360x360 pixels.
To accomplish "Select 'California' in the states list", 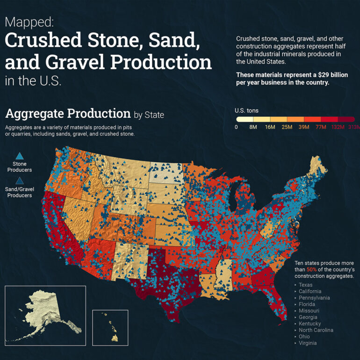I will tap(311, 291).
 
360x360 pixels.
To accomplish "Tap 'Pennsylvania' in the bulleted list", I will tap(315, 298).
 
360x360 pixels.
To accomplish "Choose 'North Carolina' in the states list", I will tap(317, 330).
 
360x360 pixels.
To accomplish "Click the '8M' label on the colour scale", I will tap(254, 127).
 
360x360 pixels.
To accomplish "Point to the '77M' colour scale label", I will tap(322, 127).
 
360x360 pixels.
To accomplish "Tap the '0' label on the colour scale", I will tap(237, 127).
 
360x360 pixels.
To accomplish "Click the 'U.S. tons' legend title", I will tap(246, 111).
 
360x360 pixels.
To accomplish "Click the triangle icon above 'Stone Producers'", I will tap(19, 156).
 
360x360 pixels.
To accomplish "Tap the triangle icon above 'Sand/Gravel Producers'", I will tap(19, 181).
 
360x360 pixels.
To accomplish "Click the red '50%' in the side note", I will tap(311, 270).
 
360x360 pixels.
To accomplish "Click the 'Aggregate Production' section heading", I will tap(67, 114).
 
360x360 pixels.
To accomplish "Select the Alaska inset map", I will tap(45, 313).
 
